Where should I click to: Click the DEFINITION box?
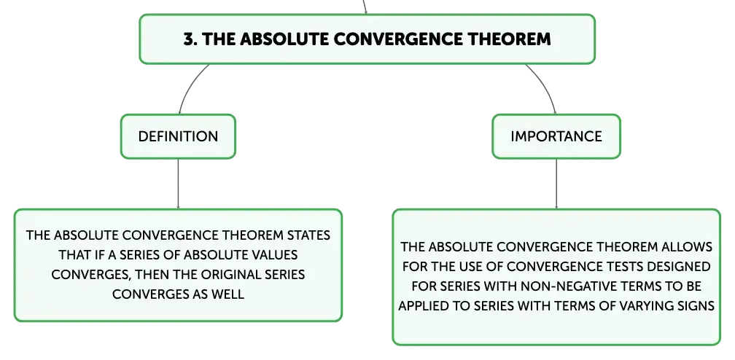178,136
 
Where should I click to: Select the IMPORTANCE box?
556,136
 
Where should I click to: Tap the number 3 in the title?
188,39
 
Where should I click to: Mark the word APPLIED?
420,306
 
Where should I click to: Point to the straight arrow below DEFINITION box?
178,184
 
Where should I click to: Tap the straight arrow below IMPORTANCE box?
556,184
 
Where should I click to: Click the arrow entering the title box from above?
365,7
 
